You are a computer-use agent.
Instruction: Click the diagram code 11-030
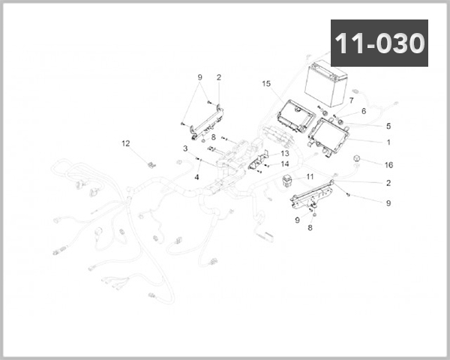379,43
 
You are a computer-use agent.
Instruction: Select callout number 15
265,83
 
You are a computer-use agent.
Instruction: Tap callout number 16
388,164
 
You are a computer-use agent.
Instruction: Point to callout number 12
125,142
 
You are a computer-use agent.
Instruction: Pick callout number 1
388,141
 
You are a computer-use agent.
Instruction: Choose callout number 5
388,126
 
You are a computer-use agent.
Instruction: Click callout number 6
363,111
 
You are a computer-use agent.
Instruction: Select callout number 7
351,100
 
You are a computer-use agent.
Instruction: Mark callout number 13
285,153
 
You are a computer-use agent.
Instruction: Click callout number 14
285,163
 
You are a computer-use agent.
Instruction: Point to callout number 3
184,148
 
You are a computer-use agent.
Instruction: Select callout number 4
196,177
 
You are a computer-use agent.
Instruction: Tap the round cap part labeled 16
358,159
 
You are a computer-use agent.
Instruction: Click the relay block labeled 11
289,180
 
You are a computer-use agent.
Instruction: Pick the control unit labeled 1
330,136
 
